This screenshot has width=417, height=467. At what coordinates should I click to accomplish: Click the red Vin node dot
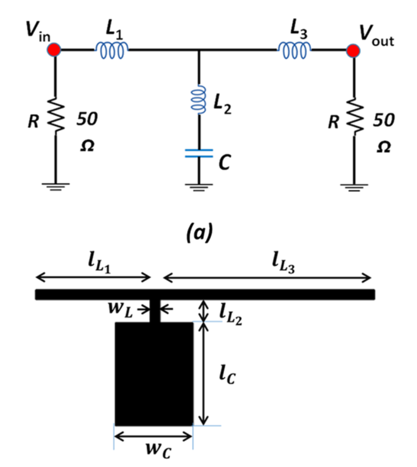(x=54, y=50)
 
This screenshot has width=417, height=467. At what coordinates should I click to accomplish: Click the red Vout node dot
(x=353, y=50)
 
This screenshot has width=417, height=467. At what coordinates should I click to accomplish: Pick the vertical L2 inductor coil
(x=199, y=100)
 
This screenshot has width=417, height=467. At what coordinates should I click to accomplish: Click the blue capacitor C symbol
(x=198, y=154)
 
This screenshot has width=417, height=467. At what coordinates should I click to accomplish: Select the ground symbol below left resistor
(x=55, y=186)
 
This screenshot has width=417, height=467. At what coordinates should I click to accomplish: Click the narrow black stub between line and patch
(x=154, y=311)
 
